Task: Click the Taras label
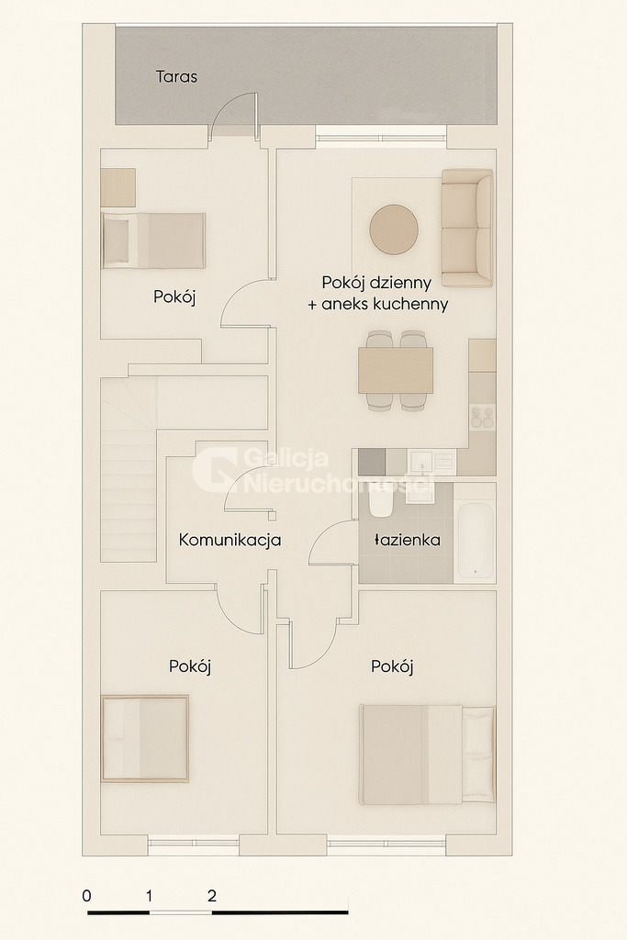[176, 77]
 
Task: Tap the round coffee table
[394, 229]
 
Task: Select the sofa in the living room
[466, 228]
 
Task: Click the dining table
[396, 370]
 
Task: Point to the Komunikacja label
[230, 541]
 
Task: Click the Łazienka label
[408, 541]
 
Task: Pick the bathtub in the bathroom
[476, 541]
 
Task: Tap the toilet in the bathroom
[381, 505]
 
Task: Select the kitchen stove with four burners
[482, 418]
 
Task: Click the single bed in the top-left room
[153, 241]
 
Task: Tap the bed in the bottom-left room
[145, 739]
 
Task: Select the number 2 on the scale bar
[212, 896]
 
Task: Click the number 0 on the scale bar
[86, 896]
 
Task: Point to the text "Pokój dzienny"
[376, 282]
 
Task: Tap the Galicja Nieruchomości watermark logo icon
[213, 469]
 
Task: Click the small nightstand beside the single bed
[118, 187]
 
